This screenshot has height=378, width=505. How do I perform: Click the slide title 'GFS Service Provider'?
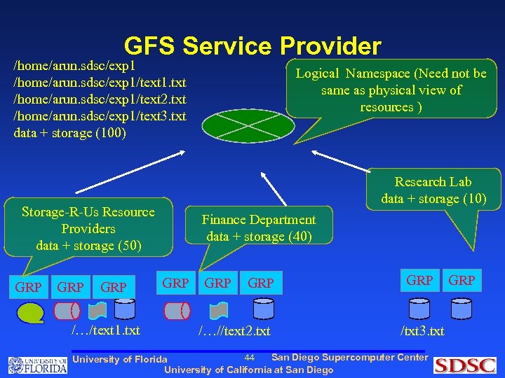252,46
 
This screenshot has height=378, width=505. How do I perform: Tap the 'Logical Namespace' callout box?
391,90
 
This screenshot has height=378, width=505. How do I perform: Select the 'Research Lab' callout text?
433,190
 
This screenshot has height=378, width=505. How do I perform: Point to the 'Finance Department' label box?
259,228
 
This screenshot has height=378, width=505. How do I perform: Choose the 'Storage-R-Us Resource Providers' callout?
88,229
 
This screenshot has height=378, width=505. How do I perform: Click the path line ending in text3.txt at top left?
100,116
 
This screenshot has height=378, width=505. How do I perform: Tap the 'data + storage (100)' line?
69,133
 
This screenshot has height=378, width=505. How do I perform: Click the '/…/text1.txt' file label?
106,330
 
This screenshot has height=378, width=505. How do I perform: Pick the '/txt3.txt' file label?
422,330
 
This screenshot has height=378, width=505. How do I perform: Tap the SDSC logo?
464,365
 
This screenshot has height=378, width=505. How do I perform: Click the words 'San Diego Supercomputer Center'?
349,358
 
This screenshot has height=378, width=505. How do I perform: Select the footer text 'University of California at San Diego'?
249,370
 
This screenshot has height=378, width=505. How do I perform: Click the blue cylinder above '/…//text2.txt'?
263,308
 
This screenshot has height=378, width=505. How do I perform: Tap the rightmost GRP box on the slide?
462,281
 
